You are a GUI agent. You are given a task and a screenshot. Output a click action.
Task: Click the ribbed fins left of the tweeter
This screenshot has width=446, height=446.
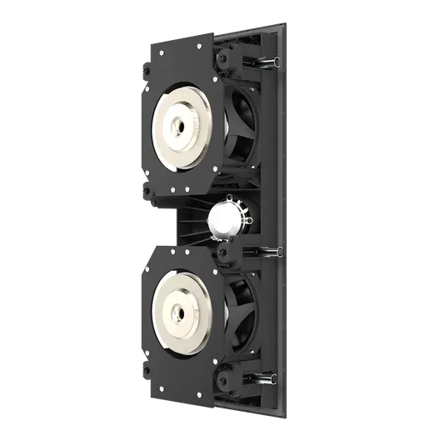coord(193,221)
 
